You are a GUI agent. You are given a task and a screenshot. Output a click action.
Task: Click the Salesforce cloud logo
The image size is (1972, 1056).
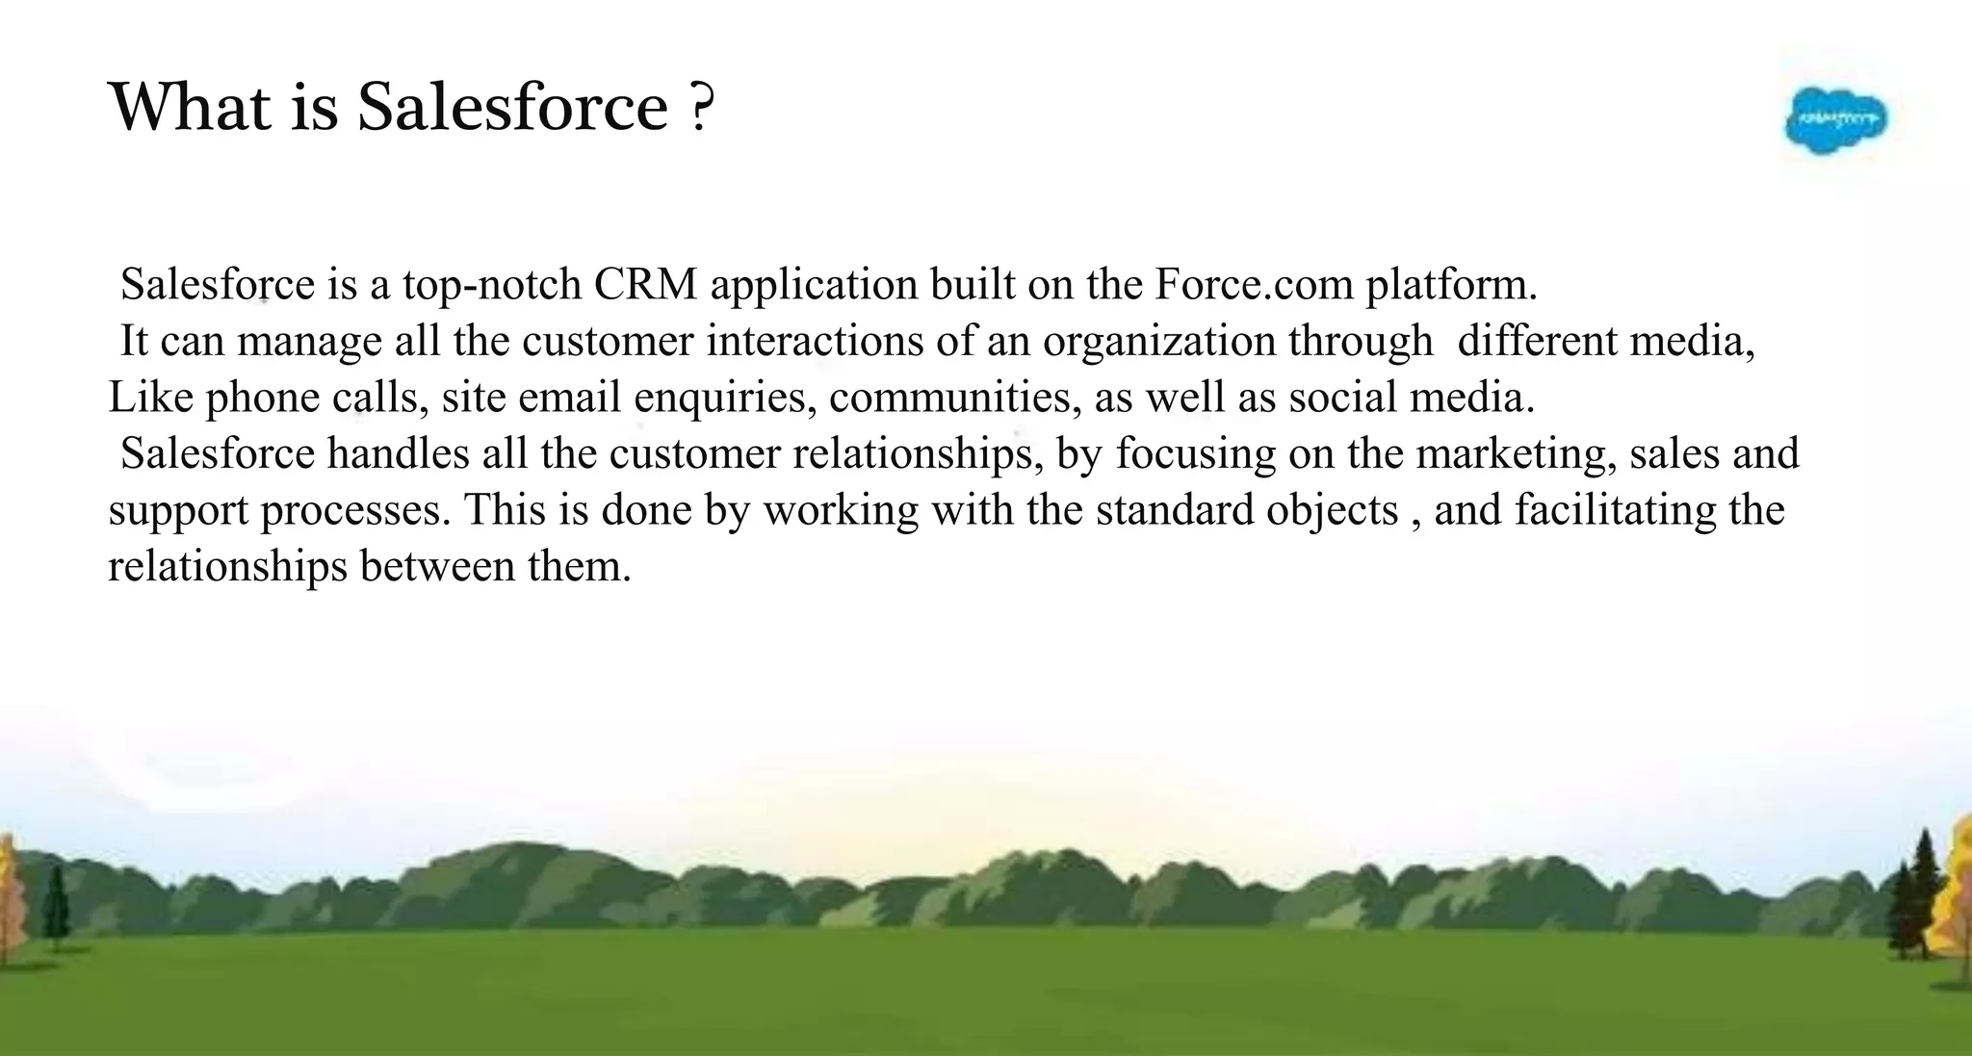[1835, 120]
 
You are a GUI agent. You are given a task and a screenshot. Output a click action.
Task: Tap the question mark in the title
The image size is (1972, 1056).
[703, 108]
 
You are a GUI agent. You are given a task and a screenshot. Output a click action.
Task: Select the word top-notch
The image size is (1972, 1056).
[492, 285]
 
